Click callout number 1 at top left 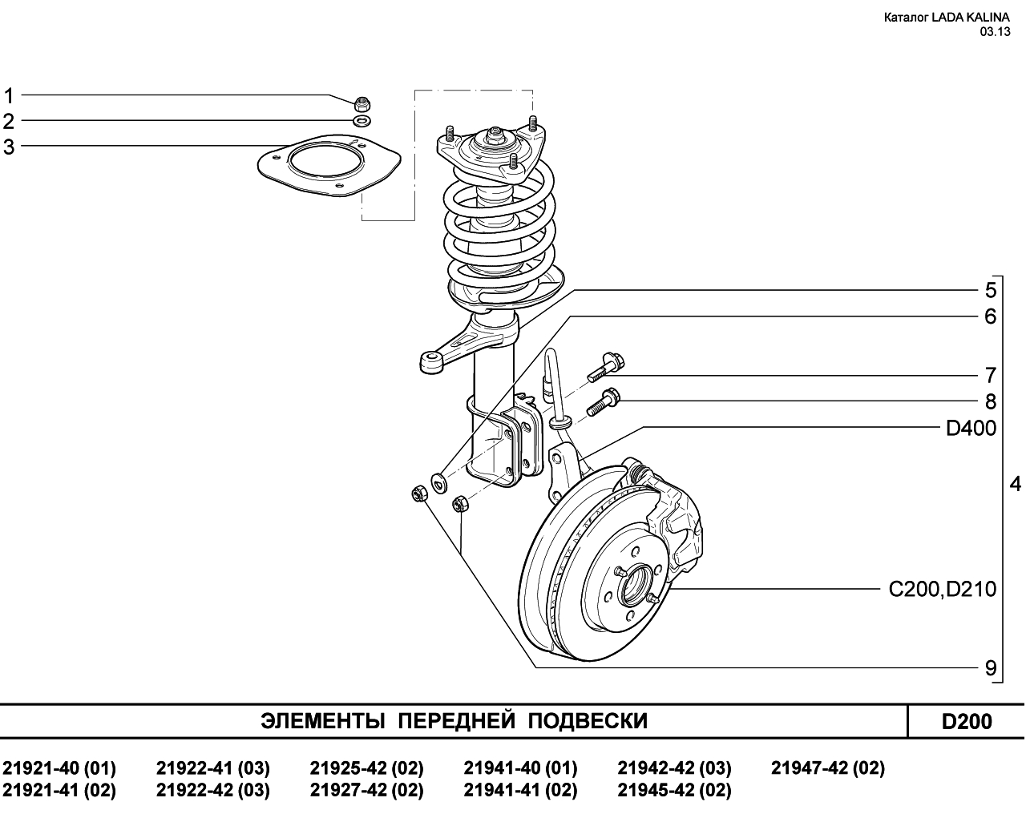tap(9, 96)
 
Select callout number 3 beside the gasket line tap(9, 147)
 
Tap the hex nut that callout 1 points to tap(363, 103)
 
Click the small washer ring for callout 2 tap(362, 121)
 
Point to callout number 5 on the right tap(990, 290)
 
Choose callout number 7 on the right tap(990, 376)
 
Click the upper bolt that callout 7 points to tap(605, 367)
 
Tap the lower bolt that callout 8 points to tap(603, 403)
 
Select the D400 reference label tap(971, 428)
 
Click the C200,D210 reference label tap(943, 590)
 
